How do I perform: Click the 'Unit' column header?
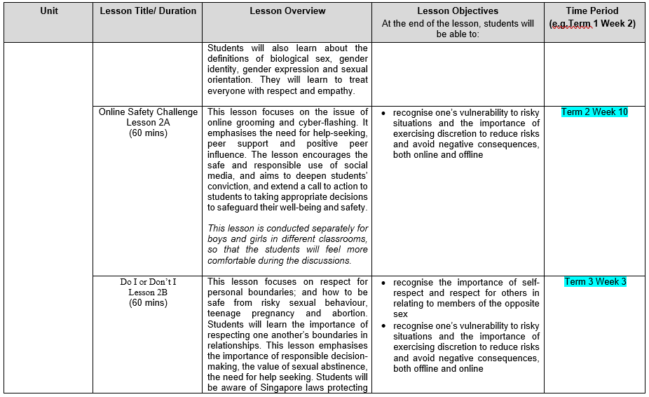pyautogui.click(x=49, y=11)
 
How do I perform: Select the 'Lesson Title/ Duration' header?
pyautogui.click(x=147, y=11)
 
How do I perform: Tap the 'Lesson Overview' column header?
pyautogui.click(x=287, y=11)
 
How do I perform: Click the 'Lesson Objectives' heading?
pyautogui.click(x=458, y=11)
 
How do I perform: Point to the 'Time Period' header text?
pyautogui.click(x=593, y=11)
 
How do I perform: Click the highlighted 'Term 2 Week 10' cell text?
pyautogui.click(x=594, y=112)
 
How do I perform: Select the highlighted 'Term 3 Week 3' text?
pyautogui.click(x=595, y=282)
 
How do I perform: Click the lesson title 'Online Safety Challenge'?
pyautogui.click(x=148, y=112)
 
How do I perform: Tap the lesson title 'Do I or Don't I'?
pyautogui.click(x=148, y=282)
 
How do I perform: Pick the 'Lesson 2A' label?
pyautogui.click(x=148, y=123)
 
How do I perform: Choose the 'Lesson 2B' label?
pyautogui.click(x=148, y=292)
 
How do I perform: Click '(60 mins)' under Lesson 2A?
pyautogui.click(x=148, y=133)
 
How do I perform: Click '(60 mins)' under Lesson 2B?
pyautogui.click(x=148, y=303)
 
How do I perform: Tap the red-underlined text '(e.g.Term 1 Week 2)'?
pyautogui.click(x=593, y=23)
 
